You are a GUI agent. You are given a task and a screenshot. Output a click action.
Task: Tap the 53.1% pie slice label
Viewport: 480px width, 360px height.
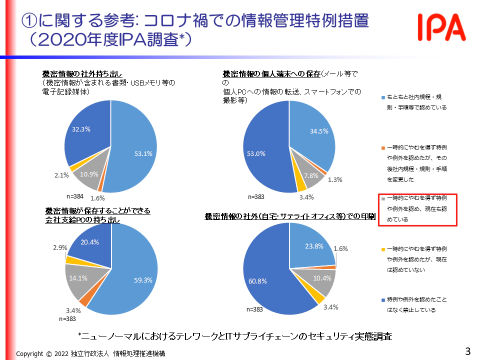pos(143,153)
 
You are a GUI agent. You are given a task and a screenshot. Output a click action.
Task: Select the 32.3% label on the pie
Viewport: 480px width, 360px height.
pos(81,129)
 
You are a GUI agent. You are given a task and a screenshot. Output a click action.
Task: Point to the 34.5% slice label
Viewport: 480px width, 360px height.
pos(318,131)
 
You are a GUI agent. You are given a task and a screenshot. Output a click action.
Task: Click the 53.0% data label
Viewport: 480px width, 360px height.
pos(256,153)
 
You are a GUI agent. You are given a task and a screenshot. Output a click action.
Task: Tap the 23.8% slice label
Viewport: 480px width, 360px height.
pos(313,245)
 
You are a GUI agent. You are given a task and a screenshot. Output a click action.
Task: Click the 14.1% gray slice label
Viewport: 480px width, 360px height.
pos(79,278)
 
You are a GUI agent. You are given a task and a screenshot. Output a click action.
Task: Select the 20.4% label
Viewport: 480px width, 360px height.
pos(89,241)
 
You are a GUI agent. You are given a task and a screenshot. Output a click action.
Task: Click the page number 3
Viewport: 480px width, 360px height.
pos(467,351)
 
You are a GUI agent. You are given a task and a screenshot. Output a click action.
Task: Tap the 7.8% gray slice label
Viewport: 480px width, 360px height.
pos(311,175)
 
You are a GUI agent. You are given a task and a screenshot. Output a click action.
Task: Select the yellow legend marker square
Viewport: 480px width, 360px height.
pos(382,248)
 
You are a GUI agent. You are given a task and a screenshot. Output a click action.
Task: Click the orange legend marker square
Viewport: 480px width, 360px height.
pos(382,148)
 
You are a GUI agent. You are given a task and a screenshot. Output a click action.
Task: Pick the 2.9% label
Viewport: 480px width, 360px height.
pos(60,247)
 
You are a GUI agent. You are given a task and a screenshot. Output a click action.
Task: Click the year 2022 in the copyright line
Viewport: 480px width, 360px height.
pos(62,353)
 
